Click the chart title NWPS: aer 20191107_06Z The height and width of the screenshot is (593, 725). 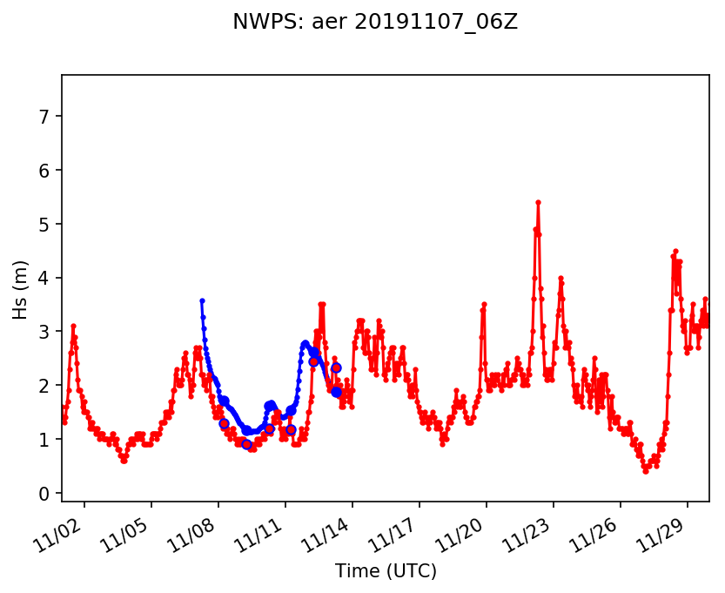pyautogui.click(x=375, y=23)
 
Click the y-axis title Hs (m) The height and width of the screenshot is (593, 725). pyautogui.click(x=21, y=289)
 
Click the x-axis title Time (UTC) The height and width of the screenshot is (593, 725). pyautogui.click(x=386, y=571)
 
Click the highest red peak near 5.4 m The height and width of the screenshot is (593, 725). pyautogui.click(x=538, y=202)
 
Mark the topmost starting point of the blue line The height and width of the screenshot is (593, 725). pyautogui.click(x=202, y=300)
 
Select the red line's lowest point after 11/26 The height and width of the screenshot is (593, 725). pyautogui.click(x=646, y=471)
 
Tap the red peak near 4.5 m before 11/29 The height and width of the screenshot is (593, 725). pyautogui.click(x=675, y=251)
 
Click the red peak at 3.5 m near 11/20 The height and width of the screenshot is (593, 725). pyautogui.click(x=484, y=304)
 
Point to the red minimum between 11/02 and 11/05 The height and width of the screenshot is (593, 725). pyautogui.click(x=124, y=461)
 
